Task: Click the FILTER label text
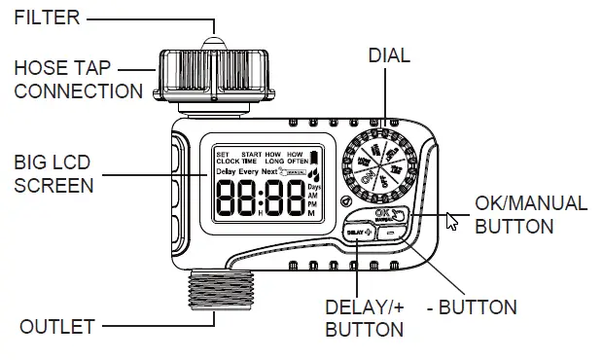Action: pos(46,18)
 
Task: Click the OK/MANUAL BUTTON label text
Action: pos(530,215)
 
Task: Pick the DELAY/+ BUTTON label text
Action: pos(364,318)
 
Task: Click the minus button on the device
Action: pos(390,234)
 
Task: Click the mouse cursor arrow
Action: pos(450,221)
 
